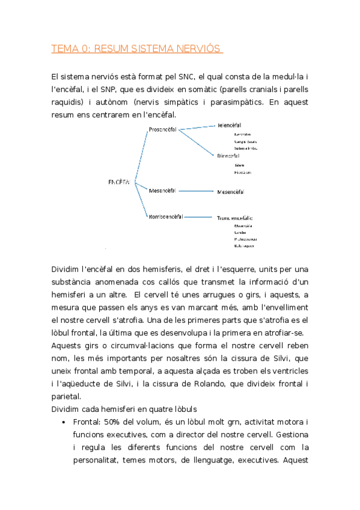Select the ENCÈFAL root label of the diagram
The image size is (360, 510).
click(119, 182)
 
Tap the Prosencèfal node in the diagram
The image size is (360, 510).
click(162, 129)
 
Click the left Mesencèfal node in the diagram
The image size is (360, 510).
click(162, 191)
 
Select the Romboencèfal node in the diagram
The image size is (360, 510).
click(165, 216)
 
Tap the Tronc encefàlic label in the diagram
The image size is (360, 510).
click(235, 218)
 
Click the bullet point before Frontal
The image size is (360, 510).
click(64, 422)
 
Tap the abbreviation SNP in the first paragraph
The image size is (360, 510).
click(115, 90)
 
